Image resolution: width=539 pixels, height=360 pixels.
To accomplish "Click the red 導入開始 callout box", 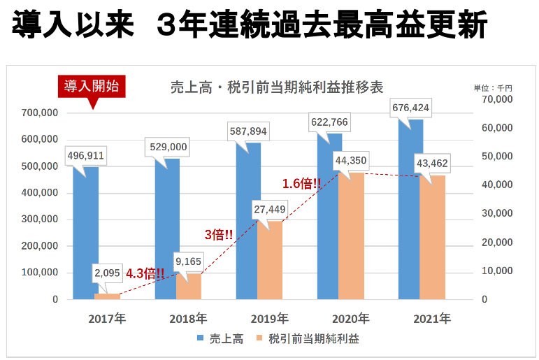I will [92, 86].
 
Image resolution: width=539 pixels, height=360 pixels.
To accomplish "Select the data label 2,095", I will [107, 273].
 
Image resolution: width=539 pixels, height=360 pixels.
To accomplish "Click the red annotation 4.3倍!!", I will [145, 273].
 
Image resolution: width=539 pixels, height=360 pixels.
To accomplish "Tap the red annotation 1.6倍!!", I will [301, 184].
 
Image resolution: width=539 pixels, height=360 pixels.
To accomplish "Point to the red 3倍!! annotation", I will [219, 235].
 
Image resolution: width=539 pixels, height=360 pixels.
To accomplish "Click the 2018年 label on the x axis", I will [188, 319].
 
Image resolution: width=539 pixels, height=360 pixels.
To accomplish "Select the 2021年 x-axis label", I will [432, 319].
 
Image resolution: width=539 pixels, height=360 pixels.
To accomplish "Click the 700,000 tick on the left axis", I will [41, 113].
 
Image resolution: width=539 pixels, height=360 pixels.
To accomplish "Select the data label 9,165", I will [189, 262].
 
